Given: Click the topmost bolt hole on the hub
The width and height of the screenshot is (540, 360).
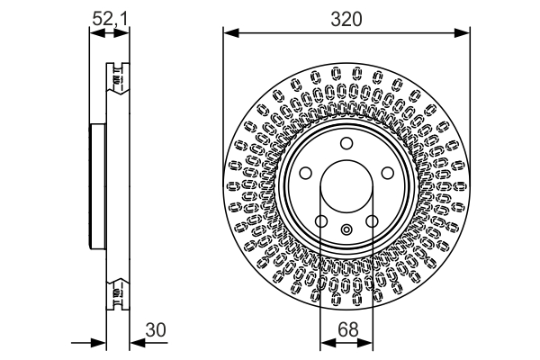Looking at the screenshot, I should (346, 145).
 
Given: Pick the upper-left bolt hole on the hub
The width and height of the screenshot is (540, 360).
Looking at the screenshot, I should (305, 174).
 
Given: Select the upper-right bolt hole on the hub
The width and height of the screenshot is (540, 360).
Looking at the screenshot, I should (388, 174).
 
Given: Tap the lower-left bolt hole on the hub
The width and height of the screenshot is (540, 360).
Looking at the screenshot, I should (321, 222).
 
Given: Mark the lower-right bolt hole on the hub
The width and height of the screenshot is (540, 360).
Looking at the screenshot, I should (372, 222).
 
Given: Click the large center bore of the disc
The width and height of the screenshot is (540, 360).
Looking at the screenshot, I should (346, 187).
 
